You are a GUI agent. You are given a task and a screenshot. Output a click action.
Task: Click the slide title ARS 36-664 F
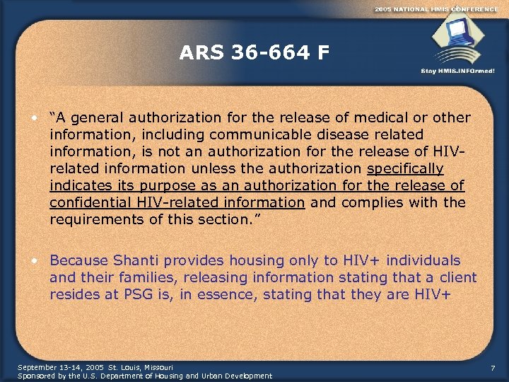254,53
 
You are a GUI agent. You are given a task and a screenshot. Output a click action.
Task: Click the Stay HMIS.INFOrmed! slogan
457,71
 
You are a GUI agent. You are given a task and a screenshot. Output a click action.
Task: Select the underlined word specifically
406,168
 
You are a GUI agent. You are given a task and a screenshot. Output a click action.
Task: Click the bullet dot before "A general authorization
34,117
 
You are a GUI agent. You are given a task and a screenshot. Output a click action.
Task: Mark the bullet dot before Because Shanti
34,260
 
